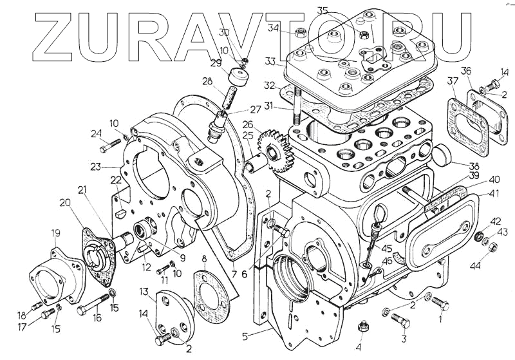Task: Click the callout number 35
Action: (x=323, y=10)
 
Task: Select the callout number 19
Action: (x=56, y=232)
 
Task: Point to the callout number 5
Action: (x=245, y=335)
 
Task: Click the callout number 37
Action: (x=453, y=81)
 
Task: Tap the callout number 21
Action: (x=82, y=190)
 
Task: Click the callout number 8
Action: (x=204, y=260)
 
